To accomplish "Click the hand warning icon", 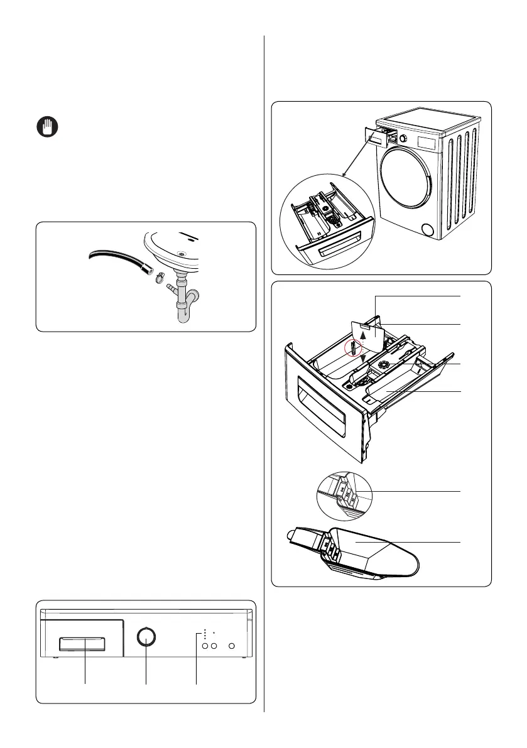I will click(45, 127).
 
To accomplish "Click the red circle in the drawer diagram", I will click(354, 347).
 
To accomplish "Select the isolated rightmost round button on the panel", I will click(232, 646).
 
